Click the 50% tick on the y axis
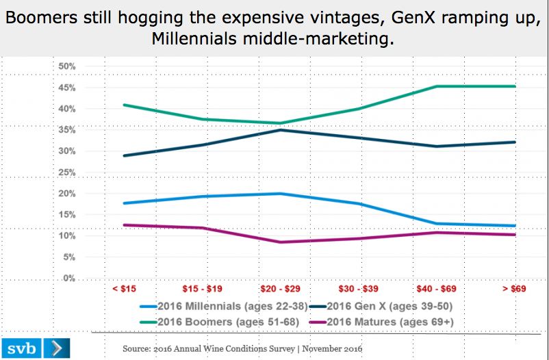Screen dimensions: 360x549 pyautogui.click(x=66, y=66)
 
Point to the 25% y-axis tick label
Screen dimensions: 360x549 pyautogui.click(x=66, y=172)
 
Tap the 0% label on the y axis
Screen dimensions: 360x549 pyautogui.click(x=68, y=279)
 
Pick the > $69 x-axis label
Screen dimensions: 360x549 pyautogui.click(x=513, y=290)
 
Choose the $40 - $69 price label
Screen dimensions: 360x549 pyautogui.click(x=435, y=290)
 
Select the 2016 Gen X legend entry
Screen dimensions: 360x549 pyautogui.click(x=383, y=306)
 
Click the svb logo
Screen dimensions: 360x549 pyautogui.click(x=20, y=347)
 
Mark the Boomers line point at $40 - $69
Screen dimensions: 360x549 pyautogui.click(x=436, y=86)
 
